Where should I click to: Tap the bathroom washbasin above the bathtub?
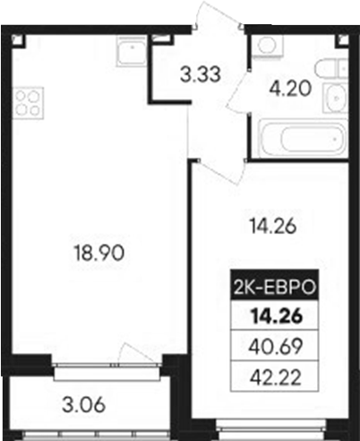point(334,99)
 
